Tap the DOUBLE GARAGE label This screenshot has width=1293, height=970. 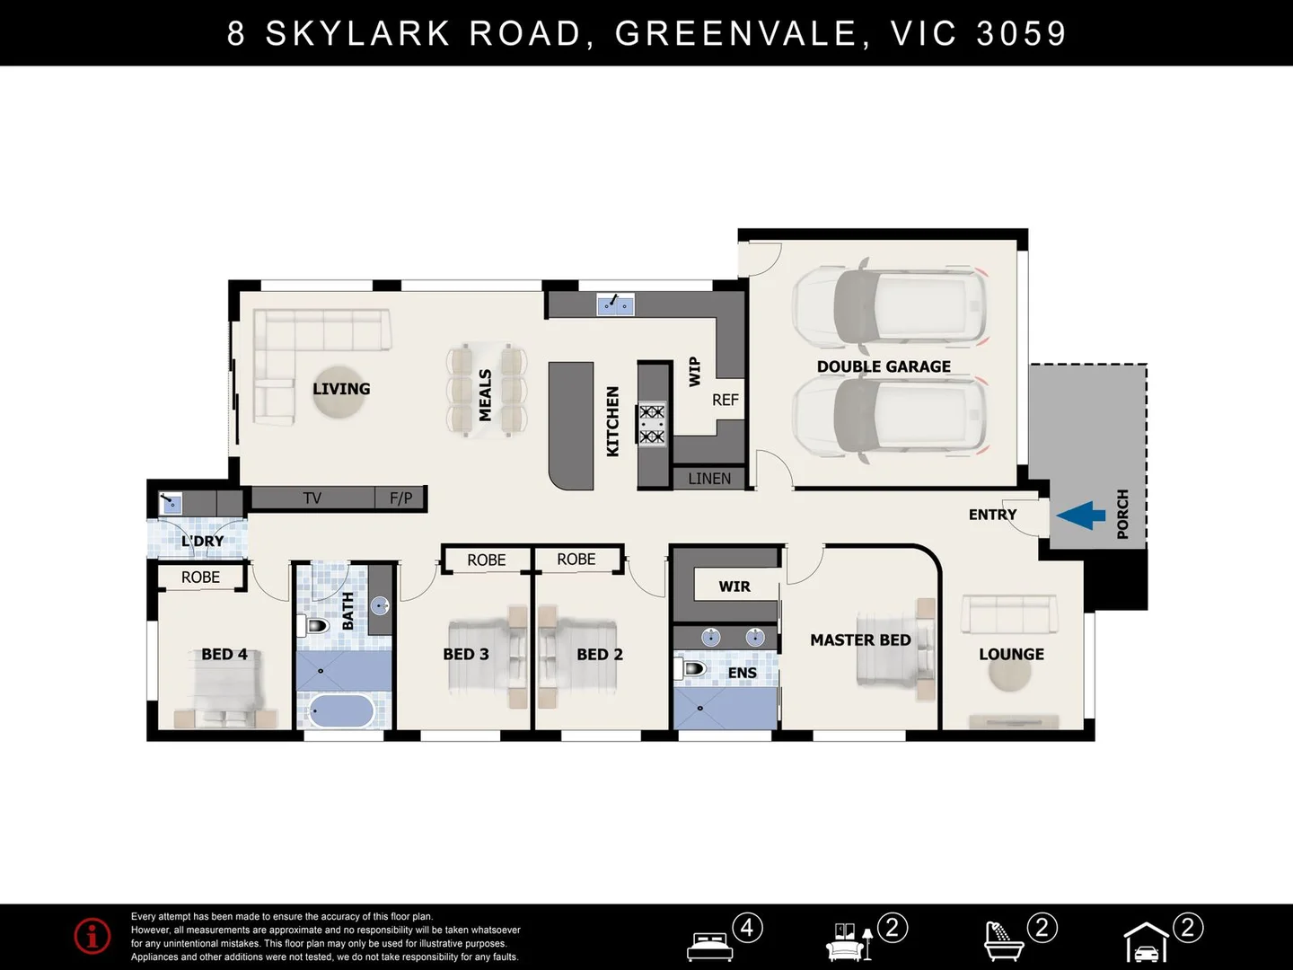[884, 366]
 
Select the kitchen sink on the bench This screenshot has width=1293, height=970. [616, 304]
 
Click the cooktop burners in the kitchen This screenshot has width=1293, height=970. [652, 424]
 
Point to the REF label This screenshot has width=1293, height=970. [725, 400]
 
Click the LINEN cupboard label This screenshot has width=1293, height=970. [709, 479]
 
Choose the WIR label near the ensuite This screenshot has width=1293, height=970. [734, 586]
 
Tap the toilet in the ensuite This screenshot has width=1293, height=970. [690, 668]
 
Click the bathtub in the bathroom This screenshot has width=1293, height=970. [341, 711]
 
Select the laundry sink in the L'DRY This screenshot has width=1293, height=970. [171, 503]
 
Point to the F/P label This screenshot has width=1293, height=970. [400, 498]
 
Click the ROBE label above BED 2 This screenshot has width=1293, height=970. [576, 559]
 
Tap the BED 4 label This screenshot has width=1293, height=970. [224, 654]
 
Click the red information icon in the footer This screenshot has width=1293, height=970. [92, 936]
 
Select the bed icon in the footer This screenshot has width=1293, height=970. [709, 944]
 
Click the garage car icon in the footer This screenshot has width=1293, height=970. [1147, 944]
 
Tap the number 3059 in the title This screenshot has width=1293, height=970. [1021, 33]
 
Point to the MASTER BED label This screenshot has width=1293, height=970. [860, 639]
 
